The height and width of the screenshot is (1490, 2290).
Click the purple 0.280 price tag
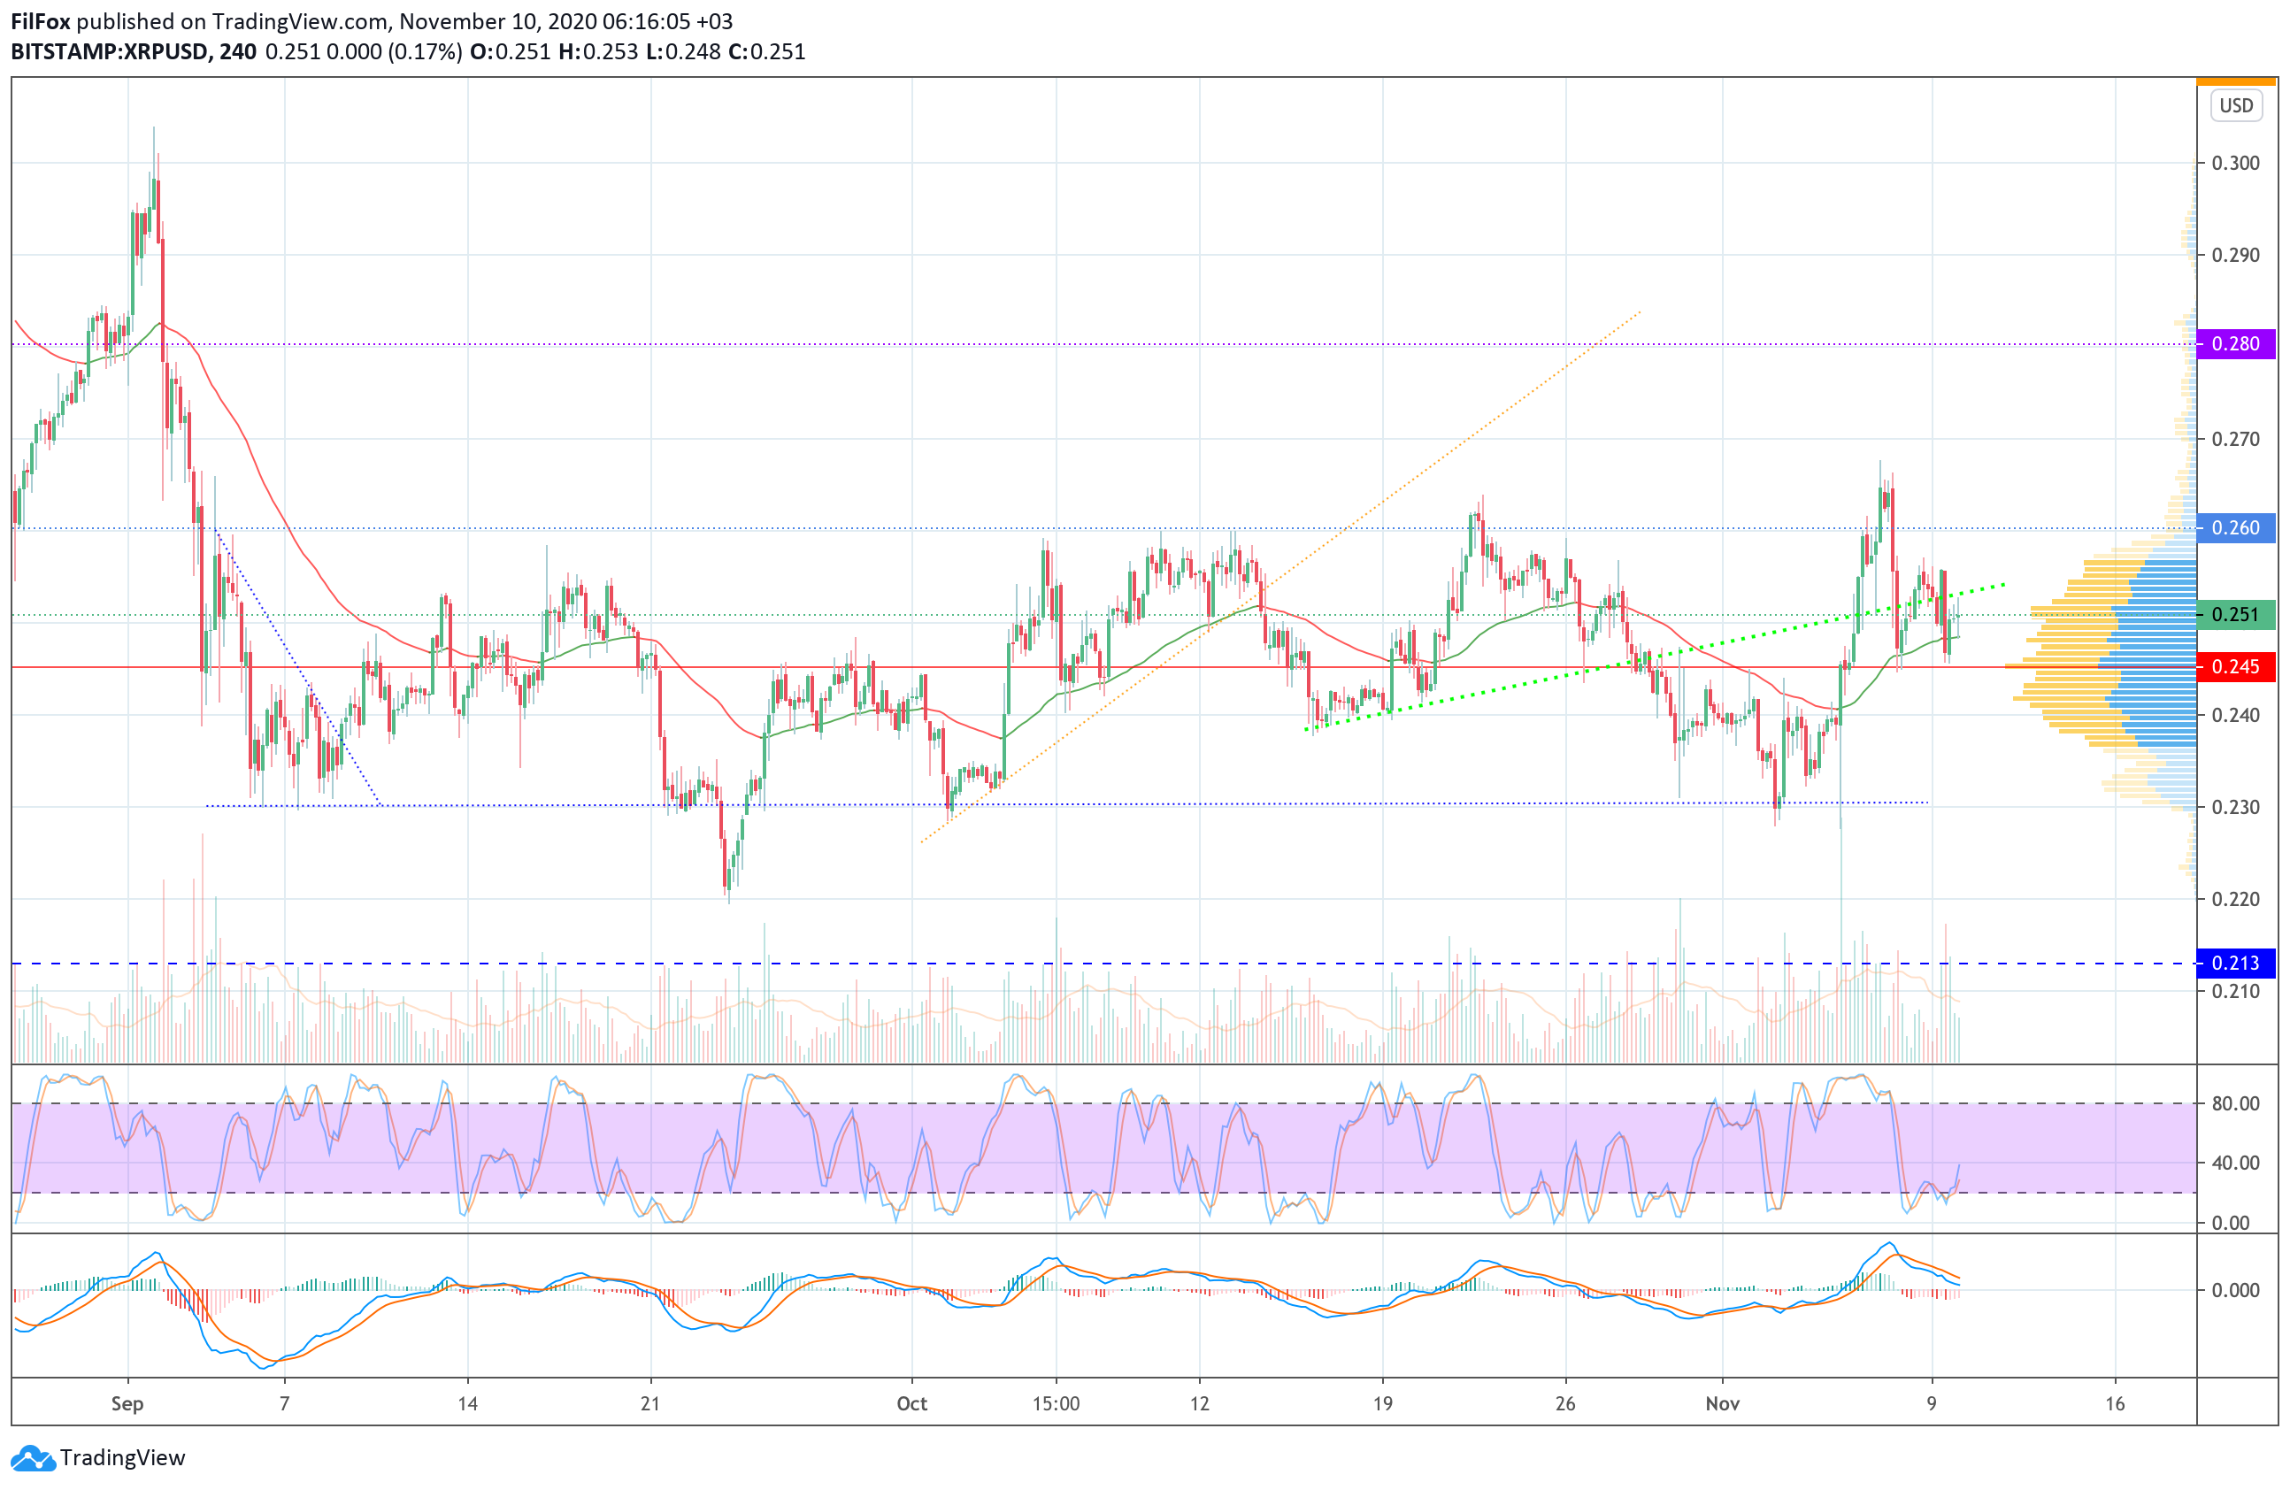(2235, 343)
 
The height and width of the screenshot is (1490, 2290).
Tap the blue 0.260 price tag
(2235, 528)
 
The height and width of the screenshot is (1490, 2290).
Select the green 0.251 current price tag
(2235, 615)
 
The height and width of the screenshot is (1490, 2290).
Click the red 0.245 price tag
(2235, 666)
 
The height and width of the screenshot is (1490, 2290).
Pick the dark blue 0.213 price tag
(2235, 963)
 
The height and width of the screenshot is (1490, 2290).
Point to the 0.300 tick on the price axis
(2235, 163)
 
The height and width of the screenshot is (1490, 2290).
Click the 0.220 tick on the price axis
(2235, 898)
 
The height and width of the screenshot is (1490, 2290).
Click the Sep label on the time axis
(127, 1403)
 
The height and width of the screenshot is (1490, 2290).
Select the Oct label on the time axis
(911, 1403)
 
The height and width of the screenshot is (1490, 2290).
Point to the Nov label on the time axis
(1722, 1403)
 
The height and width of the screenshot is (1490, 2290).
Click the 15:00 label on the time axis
(1056, 1403)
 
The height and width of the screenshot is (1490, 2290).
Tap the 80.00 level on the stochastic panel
(2235, 1103)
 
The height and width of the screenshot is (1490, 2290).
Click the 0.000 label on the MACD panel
(2235, 1290)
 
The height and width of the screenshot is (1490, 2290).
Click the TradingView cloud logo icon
(33, 1458)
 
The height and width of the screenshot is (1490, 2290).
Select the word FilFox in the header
(41, 21)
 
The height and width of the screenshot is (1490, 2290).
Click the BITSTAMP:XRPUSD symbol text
(110, 52)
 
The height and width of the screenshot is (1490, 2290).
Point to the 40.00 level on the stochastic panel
(2235, 1163)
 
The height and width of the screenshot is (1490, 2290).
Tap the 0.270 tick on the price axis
(2235, 439)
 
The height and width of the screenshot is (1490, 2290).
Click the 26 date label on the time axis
(1565, 1403)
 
